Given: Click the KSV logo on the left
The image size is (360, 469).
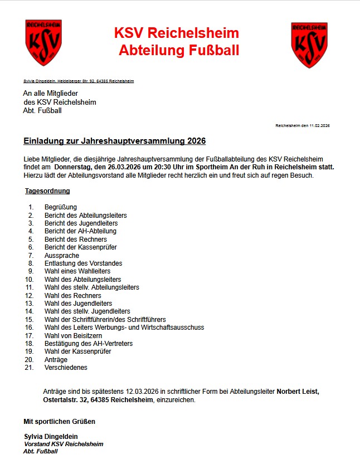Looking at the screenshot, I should (x=43, y=43).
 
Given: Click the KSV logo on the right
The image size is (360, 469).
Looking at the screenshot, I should (x=309, y=45).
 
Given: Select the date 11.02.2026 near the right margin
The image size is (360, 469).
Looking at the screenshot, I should (x=320, y=126).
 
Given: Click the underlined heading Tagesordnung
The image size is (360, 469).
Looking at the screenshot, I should (x=47, y=191).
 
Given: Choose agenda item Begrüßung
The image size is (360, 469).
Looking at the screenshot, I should (x=61, y=207).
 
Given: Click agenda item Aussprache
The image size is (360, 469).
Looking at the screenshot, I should (x=62, y=255).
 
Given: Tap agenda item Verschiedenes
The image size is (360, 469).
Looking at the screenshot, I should (x=66, y=368).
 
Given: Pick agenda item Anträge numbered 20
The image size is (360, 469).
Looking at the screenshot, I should (x=56, y=360).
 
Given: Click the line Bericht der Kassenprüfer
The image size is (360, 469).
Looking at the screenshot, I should (x=81, y=247).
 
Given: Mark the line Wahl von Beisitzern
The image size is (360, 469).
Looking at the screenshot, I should (x=73, y=336).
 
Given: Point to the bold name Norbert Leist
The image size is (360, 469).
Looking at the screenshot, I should (x=298, y=392).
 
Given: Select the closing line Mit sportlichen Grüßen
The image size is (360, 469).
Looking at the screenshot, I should (x=59, y=422).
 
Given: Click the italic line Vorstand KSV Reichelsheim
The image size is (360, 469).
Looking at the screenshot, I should (x=64, y=444).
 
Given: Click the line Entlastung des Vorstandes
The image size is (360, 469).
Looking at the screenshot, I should (x=83, y=263).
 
